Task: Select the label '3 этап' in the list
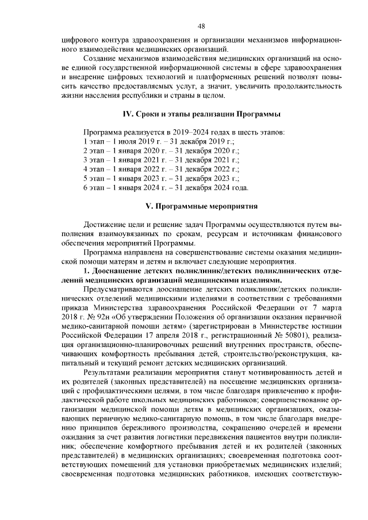94,160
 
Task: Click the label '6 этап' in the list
94,187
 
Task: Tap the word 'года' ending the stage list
240,187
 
